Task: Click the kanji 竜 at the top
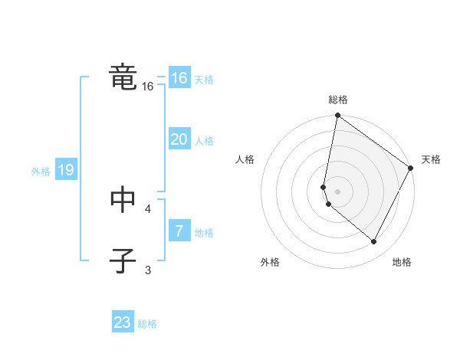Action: [x=123, y=78]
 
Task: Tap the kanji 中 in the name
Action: [x=123, y=201]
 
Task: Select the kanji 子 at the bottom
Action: [x=123, y=260]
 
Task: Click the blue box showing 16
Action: [x=179, y=78]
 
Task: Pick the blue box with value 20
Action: [x=179, y=139]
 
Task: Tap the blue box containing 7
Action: [x=179, y=231]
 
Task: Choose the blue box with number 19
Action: [x=66, y=170]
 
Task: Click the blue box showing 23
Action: [x=123, y=322]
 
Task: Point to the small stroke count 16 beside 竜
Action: [x=148, y=87]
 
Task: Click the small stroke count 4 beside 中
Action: [x=148, y=208]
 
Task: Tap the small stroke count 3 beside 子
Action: [x=148, y=269]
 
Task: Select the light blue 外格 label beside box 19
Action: [x=41, y=172]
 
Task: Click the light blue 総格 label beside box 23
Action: [x=147, y=324]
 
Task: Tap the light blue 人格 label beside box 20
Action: [x=204, y=141]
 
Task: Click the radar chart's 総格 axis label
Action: [x=338, y=100]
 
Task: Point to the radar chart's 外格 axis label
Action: [x=270, y=262]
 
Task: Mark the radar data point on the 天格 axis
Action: [x=412, y=169]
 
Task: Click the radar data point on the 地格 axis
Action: [x=374, y=242]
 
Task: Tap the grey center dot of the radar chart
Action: [x=338, y=191]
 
